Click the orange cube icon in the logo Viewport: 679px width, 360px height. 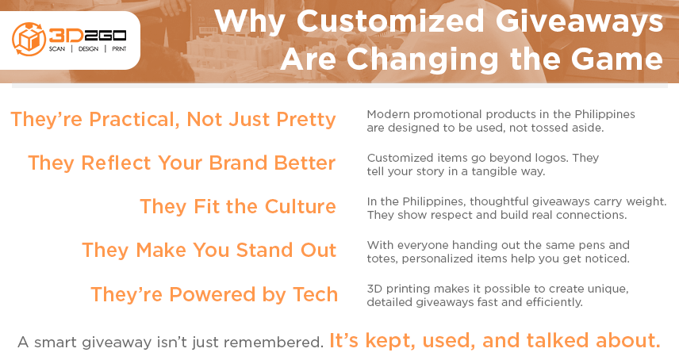tap(29, 39)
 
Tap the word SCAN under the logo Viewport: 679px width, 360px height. tap(57, 49)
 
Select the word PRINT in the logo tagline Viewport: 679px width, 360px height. tap(119, 49)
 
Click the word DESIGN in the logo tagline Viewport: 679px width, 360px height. tap(88, 49)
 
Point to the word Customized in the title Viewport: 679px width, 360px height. tap(390, 21)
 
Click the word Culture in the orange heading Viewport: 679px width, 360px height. tap(300, 206)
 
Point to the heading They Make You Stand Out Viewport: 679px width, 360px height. tap(209, 250)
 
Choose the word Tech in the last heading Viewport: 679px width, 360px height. tap(315, 294)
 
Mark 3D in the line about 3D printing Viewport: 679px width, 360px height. tap(374, 289)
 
